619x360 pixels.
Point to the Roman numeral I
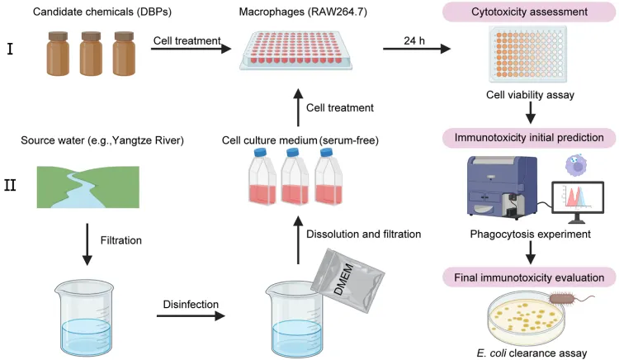tap(10, 49)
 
